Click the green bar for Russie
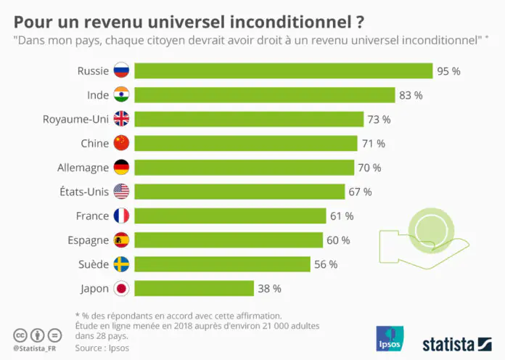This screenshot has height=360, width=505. (283, 70)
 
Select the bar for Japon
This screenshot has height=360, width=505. (194, 288)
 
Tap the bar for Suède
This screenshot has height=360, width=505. (222, 264)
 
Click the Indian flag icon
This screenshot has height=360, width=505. (121, 95)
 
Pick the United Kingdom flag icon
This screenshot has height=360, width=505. (121, 119)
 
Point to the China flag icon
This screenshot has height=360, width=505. (121, 143)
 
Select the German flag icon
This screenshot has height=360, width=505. (121, 168)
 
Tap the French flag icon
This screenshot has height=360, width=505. (121, 216)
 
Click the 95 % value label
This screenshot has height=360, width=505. (448, 71)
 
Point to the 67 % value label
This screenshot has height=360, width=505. (360, 192)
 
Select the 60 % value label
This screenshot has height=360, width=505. (338, 240)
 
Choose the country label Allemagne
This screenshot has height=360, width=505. (83, 168)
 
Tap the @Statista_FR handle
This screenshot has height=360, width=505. (36, 348)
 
